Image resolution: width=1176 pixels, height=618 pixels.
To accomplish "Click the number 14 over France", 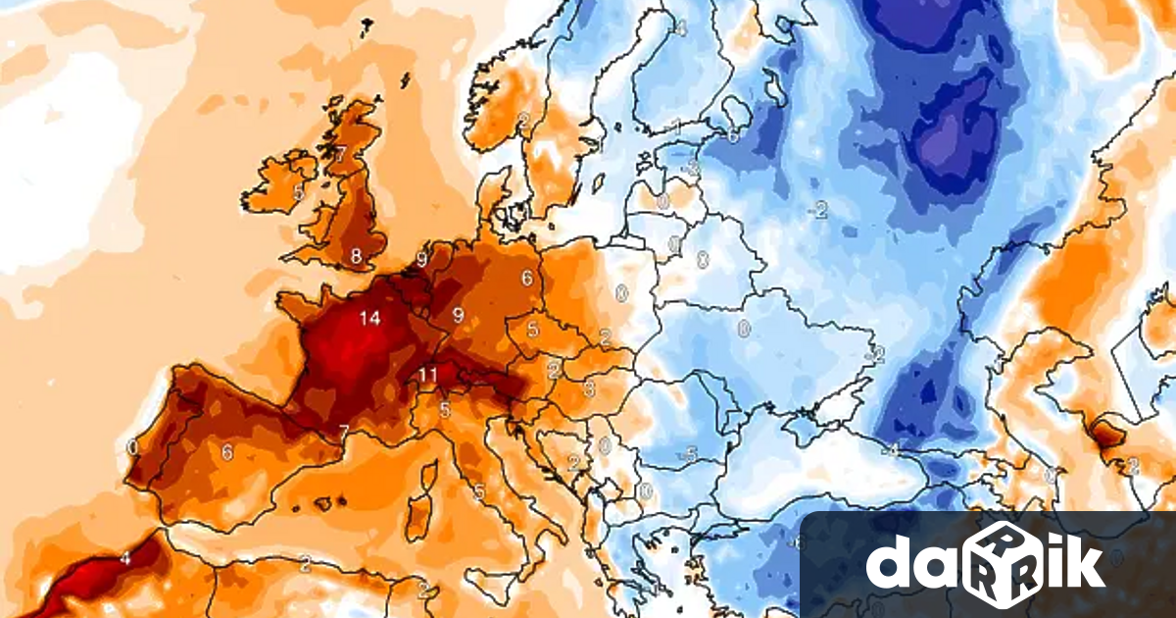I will pos(369,318).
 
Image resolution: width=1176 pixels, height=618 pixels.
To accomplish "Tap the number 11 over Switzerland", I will pos(427,375).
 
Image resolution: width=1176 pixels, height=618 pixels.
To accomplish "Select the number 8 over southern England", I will pos(356,258).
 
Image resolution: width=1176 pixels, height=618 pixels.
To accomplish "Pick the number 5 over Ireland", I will pos(298,192).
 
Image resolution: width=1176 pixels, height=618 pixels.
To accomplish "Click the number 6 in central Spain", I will pos(226,452).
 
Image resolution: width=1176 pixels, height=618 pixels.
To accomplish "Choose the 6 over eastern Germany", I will pos(527,278).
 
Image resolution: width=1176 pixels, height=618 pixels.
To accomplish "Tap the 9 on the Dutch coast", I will pos(421,260).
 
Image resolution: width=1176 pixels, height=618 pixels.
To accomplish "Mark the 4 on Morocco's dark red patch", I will pos(125,558).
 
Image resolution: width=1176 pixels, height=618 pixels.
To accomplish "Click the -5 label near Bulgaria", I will pos(690,454).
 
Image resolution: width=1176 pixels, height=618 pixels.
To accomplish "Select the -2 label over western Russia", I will pos(819,208).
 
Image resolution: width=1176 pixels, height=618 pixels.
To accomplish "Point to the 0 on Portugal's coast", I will pos(132,447).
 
